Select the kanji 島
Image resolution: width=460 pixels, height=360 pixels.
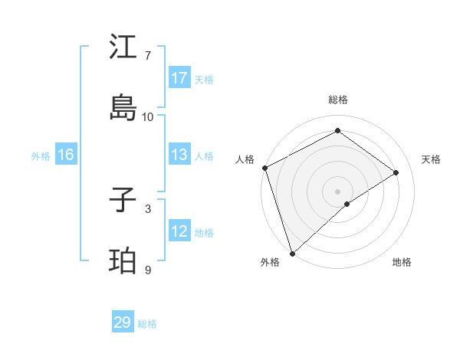pos(123,108)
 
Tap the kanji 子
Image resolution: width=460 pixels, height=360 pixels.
pos(123,201)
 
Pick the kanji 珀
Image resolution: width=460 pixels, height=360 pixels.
pos(123,261)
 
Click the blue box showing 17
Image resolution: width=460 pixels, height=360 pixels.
pos(179,78)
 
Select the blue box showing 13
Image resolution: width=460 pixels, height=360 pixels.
pos(179,155)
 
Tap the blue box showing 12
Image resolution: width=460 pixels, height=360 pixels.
pos(179,231)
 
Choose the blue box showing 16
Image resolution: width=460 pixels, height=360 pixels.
pos(66,155)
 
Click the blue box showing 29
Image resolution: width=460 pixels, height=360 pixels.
pos(123,322)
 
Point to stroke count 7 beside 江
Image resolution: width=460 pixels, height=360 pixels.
pos(148,56)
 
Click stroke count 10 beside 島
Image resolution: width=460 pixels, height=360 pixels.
pos(148,117)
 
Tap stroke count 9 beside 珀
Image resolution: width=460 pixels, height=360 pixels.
pos(148,270)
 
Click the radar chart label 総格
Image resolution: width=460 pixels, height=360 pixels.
pos(338,100)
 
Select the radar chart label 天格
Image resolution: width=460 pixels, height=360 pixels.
pos(431,159)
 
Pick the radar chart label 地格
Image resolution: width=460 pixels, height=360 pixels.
pos(402,262)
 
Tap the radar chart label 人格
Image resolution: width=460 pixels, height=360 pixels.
pos(245,159)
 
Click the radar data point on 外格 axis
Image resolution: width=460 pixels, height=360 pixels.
pos(292,253)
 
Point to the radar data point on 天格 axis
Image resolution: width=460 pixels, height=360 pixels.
pos(396,172)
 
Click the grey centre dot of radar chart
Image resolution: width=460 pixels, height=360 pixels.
pos(338,191)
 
